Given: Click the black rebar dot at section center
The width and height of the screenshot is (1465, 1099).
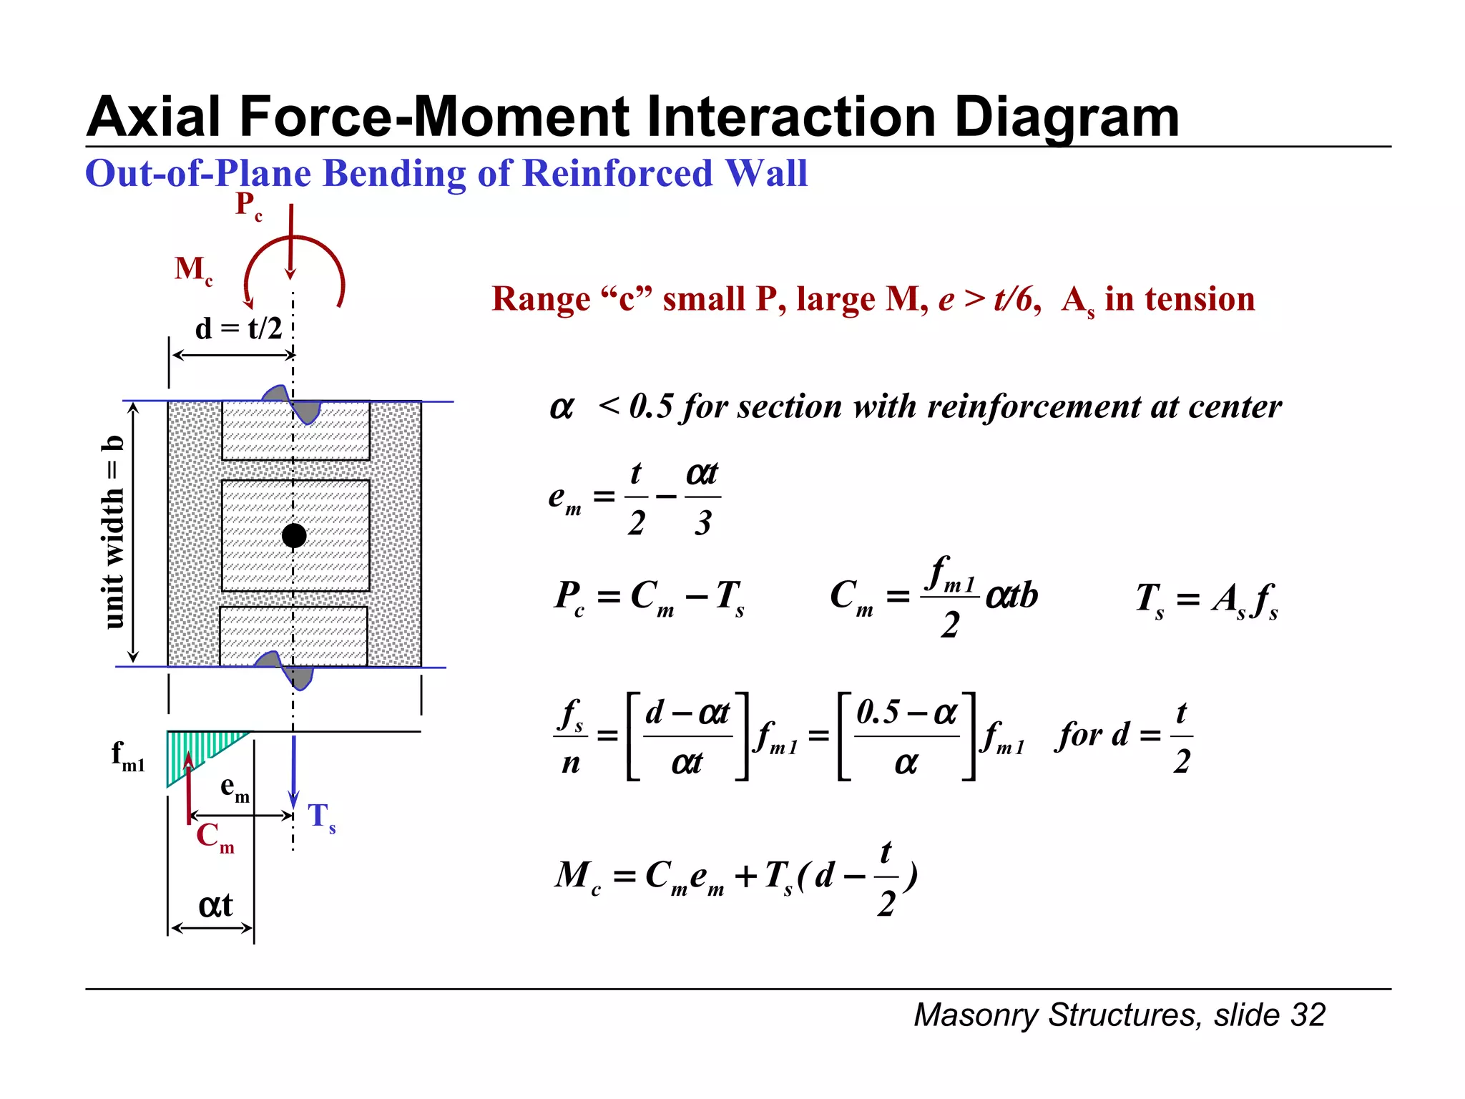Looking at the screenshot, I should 294,535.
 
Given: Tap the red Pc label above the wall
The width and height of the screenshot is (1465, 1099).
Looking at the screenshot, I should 248,205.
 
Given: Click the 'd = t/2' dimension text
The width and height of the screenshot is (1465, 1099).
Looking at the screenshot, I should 238,328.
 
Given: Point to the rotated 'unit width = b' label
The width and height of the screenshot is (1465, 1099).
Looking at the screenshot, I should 114,532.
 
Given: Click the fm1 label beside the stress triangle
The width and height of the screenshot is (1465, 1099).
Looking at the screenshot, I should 128,756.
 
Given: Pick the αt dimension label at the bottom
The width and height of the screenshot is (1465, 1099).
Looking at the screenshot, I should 215,905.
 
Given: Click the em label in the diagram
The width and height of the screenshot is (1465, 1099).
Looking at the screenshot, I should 235,788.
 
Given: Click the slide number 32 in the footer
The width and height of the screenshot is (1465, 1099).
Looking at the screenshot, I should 1308,1015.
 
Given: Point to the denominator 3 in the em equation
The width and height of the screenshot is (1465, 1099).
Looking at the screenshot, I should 702,523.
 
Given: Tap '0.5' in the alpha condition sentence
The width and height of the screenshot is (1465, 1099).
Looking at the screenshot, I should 651,406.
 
